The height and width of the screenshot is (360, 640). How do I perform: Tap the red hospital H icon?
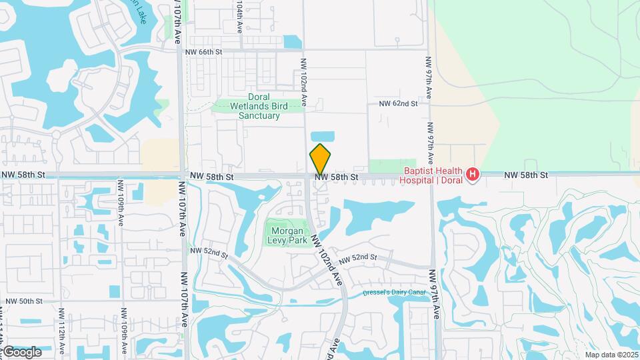pyautogui.click(x=473, y=175)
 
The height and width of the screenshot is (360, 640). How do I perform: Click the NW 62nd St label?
pyautogui.click(x=398, y=103)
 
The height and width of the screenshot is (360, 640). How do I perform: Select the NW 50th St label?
pyautogui.click(x=25, y=301)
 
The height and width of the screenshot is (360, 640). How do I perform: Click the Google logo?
pyautogui.click(x=22, y=351)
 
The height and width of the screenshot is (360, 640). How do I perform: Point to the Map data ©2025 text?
pyautogui.click(x=611, y=355)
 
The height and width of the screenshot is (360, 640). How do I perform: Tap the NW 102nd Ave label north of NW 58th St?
pyautogui.click(x=303, y=82)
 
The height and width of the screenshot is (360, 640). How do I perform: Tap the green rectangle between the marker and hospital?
pyautogui.click(x=383, y=166)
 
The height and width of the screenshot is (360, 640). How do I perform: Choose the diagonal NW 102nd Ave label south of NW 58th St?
pyautogui.click(x=327, y=259)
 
